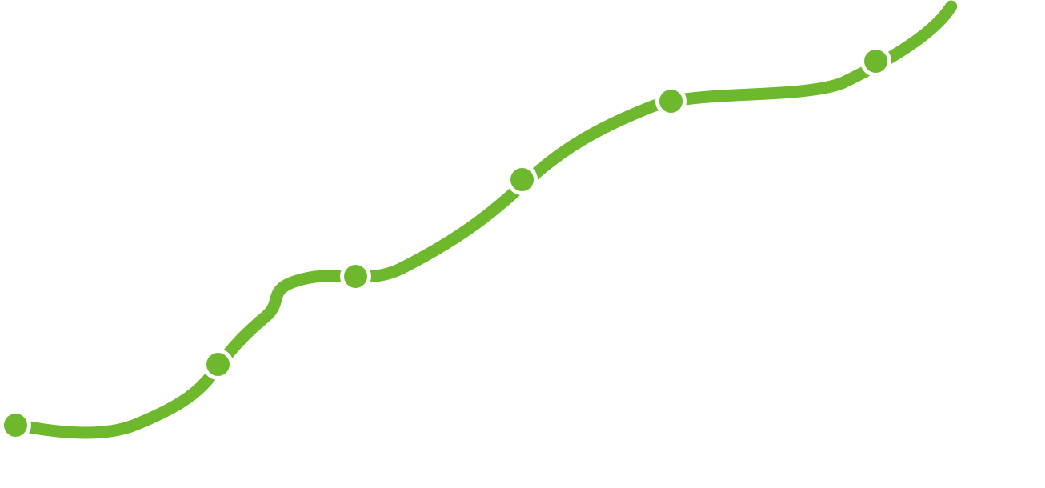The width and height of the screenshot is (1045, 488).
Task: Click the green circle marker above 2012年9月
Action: pyautogui.click(x=14, y=425)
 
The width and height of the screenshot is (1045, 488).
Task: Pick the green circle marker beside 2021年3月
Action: pyautogui.click(x=875, y=61)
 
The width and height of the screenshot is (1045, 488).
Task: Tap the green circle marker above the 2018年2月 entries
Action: pyautogui.click(x=355, y=276)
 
